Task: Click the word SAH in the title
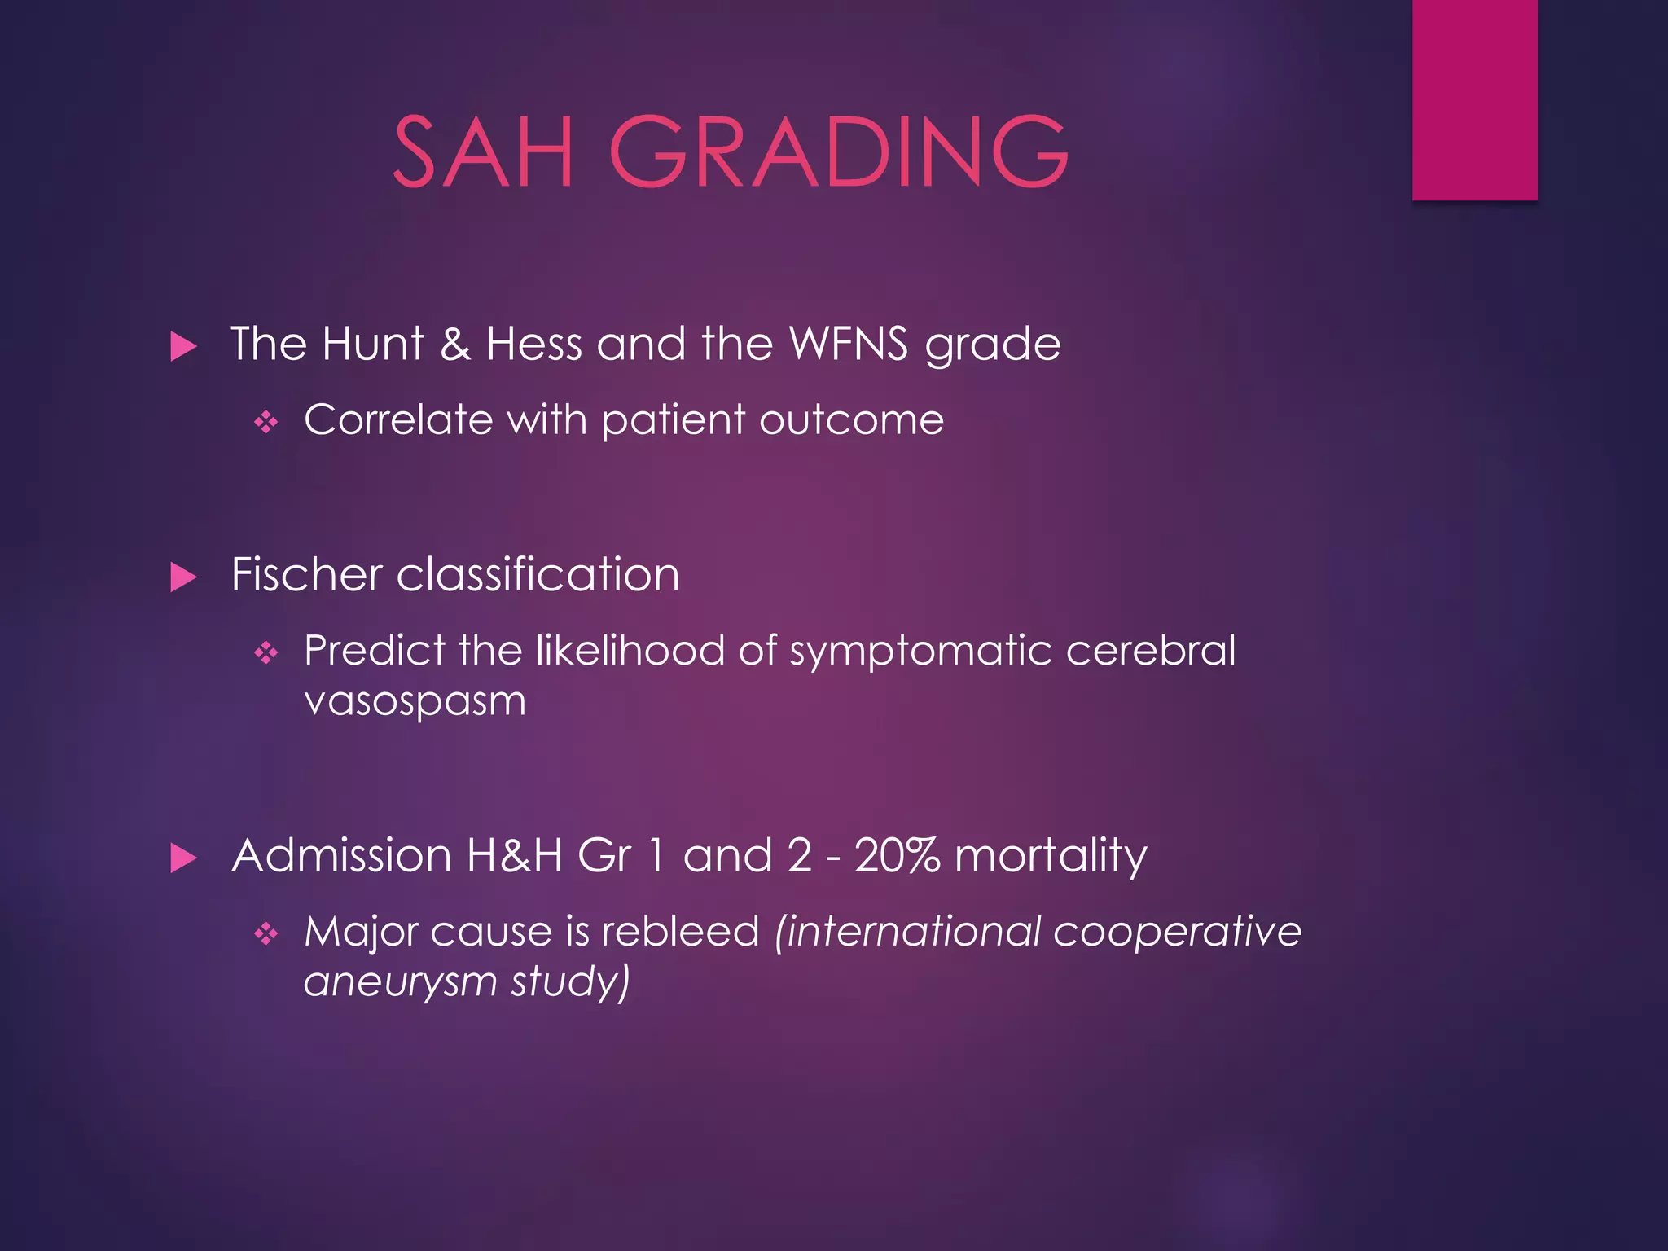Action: click(x=484, y=152)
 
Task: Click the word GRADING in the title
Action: click(x=839, y=152)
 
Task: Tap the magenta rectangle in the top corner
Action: click(x=1474, y=99)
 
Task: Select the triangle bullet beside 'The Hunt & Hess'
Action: click(x=184, y=347)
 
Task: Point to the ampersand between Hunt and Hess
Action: click(x=455, y=344)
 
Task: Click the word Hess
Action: click(x=533, y=344)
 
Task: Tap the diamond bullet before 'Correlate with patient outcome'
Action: click(x=266, y=422)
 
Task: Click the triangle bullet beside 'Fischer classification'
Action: click(x=184, y=577)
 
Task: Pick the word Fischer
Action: click(x=306, y=574)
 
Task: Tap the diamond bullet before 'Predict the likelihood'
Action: click(x=266, y=652)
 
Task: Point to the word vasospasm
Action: click(x=415, y=700)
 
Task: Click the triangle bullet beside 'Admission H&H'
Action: click(x=184, y=858)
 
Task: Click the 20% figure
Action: click(x=897, y=855)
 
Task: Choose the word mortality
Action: click(x=1051, y=857)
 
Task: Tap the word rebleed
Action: click(x=680, y=931)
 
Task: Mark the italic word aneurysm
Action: click(x=400, y=981)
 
